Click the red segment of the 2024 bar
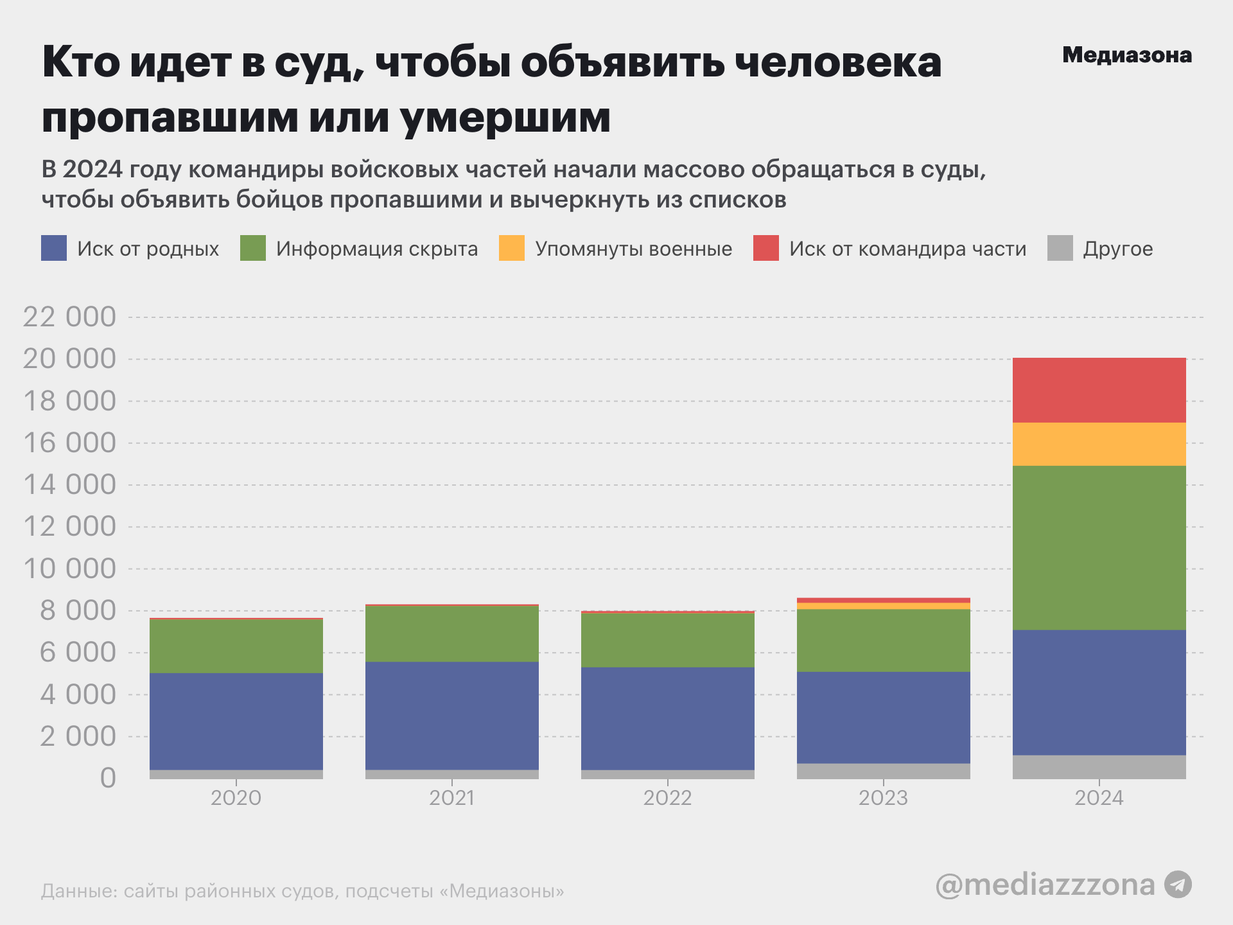pos(1099,390)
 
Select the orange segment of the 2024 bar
pos(1099,444)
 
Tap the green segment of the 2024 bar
pos(1099,547)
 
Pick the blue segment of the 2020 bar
pos(236,721)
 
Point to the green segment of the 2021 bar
pos(452,633)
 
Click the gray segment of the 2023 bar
pos(883,771)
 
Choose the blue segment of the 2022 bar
pos(668,718)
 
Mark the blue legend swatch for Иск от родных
pos(54,248)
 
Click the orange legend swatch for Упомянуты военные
pos(512,248)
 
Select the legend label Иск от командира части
pos(907,249)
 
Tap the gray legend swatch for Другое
pos(1060,248)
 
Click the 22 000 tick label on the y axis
pos(69,317)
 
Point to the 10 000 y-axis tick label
pos(69,568)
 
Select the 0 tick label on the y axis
pos(108,778)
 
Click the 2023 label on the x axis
pos(883,798)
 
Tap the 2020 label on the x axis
pos(236,798)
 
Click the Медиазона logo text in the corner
pos(1127,55)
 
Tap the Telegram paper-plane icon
pos(1178,885)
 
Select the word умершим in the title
pos(506,118)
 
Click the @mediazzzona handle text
pos(1045,885)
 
